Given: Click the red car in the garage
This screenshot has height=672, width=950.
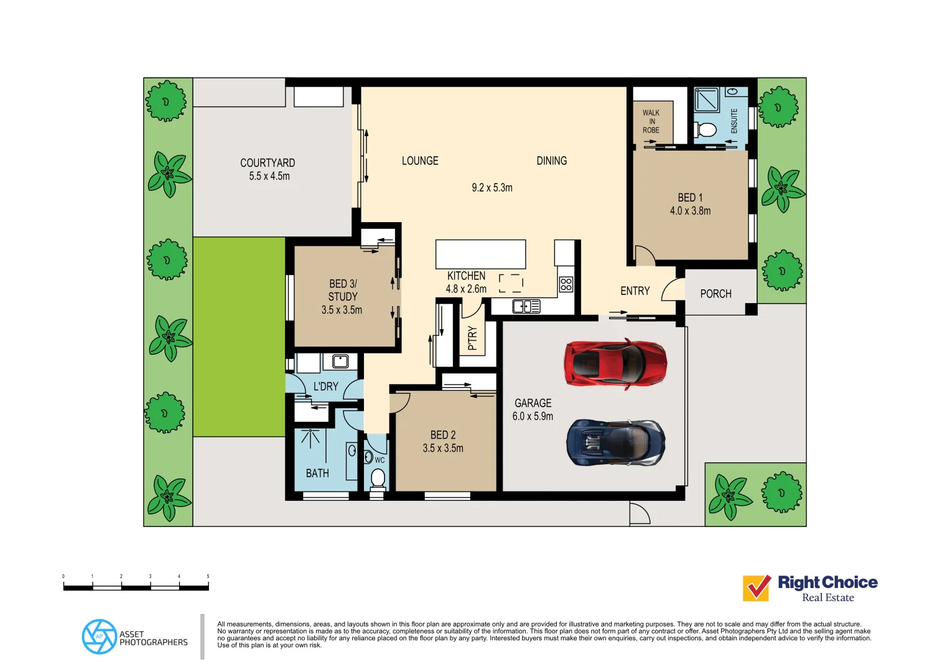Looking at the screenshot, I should tap(615, 363).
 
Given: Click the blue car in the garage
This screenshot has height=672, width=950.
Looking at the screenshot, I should tap(615, 442).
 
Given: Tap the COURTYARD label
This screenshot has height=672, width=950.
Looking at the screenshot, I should tap(268, 163).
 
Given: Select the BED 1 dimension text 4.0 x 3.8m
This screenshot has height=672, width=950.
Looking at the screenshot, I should tap(690, 211).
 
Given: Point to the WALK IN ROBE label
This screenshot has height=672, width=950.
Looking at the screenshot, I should tap(651, 121).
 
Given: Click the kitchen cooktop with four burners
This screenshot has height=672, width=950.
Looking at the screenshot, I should tap(566, 284).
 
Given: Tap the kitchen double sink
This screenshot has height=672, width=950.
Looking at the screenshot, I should tap(526, 306).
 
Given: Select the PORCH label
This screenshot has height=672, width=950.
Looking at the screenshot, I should tap(715, 294).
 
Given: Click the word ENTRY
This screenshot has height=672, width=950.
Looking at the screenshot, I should tap(635, 291).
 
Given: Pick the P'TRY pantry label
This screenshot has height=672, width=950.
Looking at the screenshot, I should tap(472, 338).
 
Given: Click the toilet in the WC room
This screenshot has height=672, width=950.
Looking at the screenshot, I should tap(378, 478).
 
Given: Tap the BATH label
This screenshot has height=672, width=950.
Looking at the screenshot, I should tap(317, 474).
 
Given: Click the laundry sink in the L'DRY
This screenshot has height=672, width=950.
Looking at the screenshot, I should tap(340, 361).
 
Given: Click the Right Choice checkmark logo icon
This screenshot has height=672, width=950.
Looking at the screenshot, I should tap(757, 588).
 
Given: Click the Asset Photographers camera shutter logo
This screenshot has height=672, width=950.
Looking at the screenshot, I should tap(99, 637).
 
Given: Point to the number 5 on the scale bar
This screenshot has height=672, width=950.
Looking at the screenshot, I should tap(208, 576).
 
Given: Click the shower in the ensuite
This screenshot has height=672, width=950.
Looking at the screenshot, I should tap(707, 100).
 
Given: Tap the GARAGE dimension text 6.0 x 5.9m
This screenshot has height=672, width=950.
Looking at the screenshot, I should tap(533, 416).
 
